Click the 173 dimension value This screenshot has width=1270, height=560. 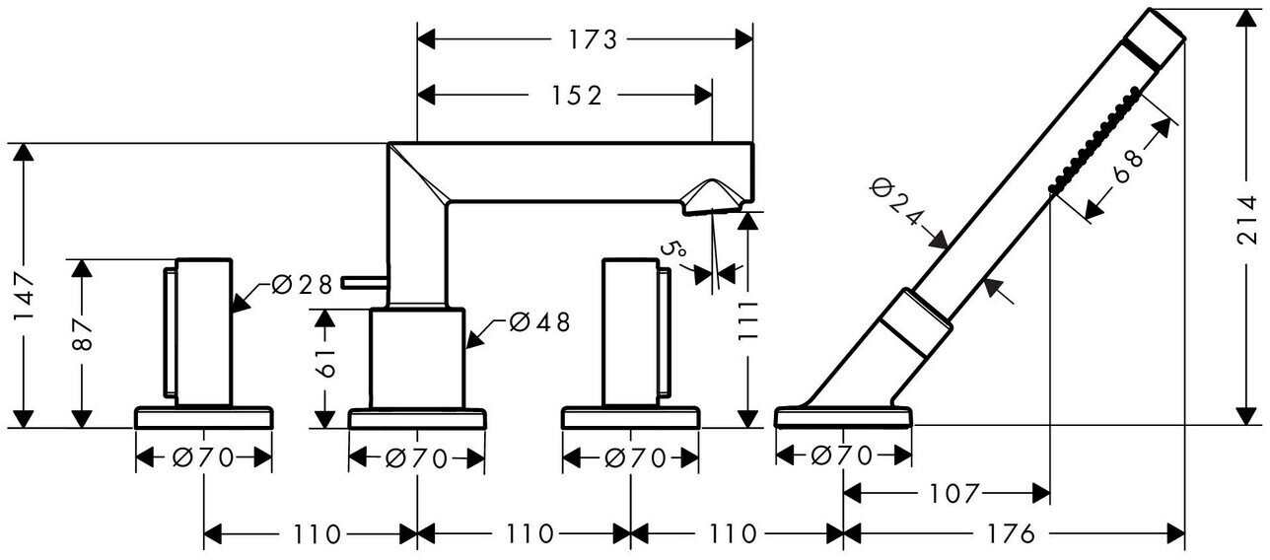click(x=593, y=39)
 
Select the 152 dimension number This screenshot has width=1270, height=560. click(x=577, y=96)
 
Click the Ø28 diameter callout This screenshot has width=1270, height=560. click(x=301, y=285)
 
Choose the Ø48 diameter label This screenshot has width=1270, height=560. click(x=538, y=322)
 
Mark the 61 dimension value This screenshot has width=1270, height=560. click(x=326, y=364)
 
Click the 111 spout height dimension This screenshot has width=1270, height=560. click(x=747, y=321)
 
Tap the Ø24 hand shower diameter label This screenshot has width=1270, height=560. click(x=897, y=202)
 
